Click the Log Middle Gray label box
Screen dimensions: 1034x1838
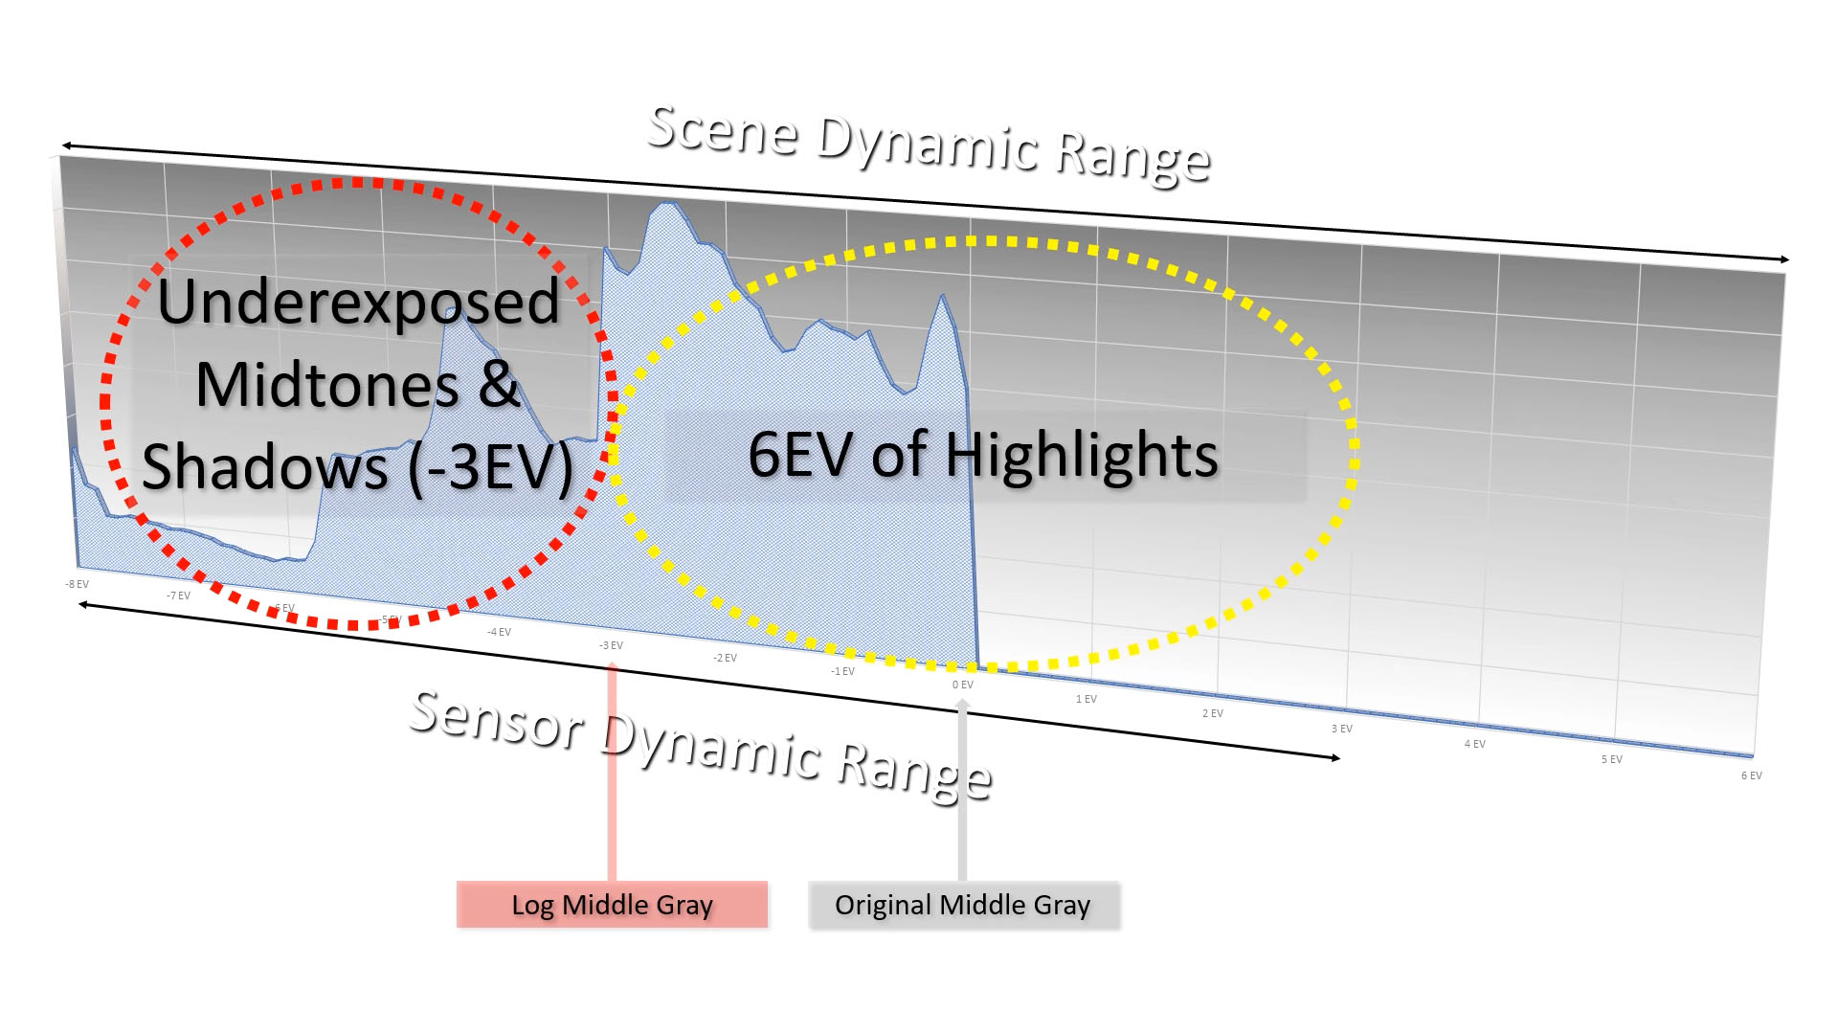click(x=612, y=905)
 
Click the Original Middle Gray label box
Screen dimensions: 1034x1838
click(x=963, y=905)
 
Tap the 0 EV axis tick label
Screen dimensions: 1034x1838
click(x=962, y=685)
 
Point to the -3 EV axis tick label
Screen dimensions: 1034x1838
click(x=611, y=645)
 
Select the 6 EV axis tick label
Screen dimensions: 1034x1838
click(x=1751, y=775)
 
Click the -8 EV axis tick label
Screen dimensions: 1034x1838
click(x=77, y=584)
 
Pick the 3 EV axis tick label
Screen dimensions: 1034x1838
click(x=1341, y=729)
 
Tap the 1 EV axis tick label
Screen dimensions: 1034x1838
click(x=1086, y=699)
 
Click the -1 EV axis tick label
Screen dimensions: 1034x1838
click(x=842, y=671)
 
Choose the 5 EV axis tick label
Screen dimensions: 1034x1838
click(x=1612, y=759)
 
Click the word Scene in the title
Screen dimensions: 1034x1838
click(x=724, y=130)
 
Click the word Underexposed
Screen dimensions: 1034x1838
click(x=358, y=302)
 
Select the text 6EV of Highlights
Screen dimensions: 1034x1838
click(x=982, y=454)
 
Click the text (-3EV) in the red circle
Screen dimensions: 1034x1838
click(x=490, y=467)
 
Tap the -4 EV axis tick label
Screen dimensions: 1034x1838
click(x=499, y=632)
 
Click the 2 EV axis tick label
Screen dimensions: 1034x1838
click(x=1212, y=713)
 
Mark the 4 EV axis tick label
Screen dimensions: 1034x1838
click(x=1474, y=744)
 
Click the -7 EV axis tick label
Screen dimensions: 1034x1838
click(x=178, y=596)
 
